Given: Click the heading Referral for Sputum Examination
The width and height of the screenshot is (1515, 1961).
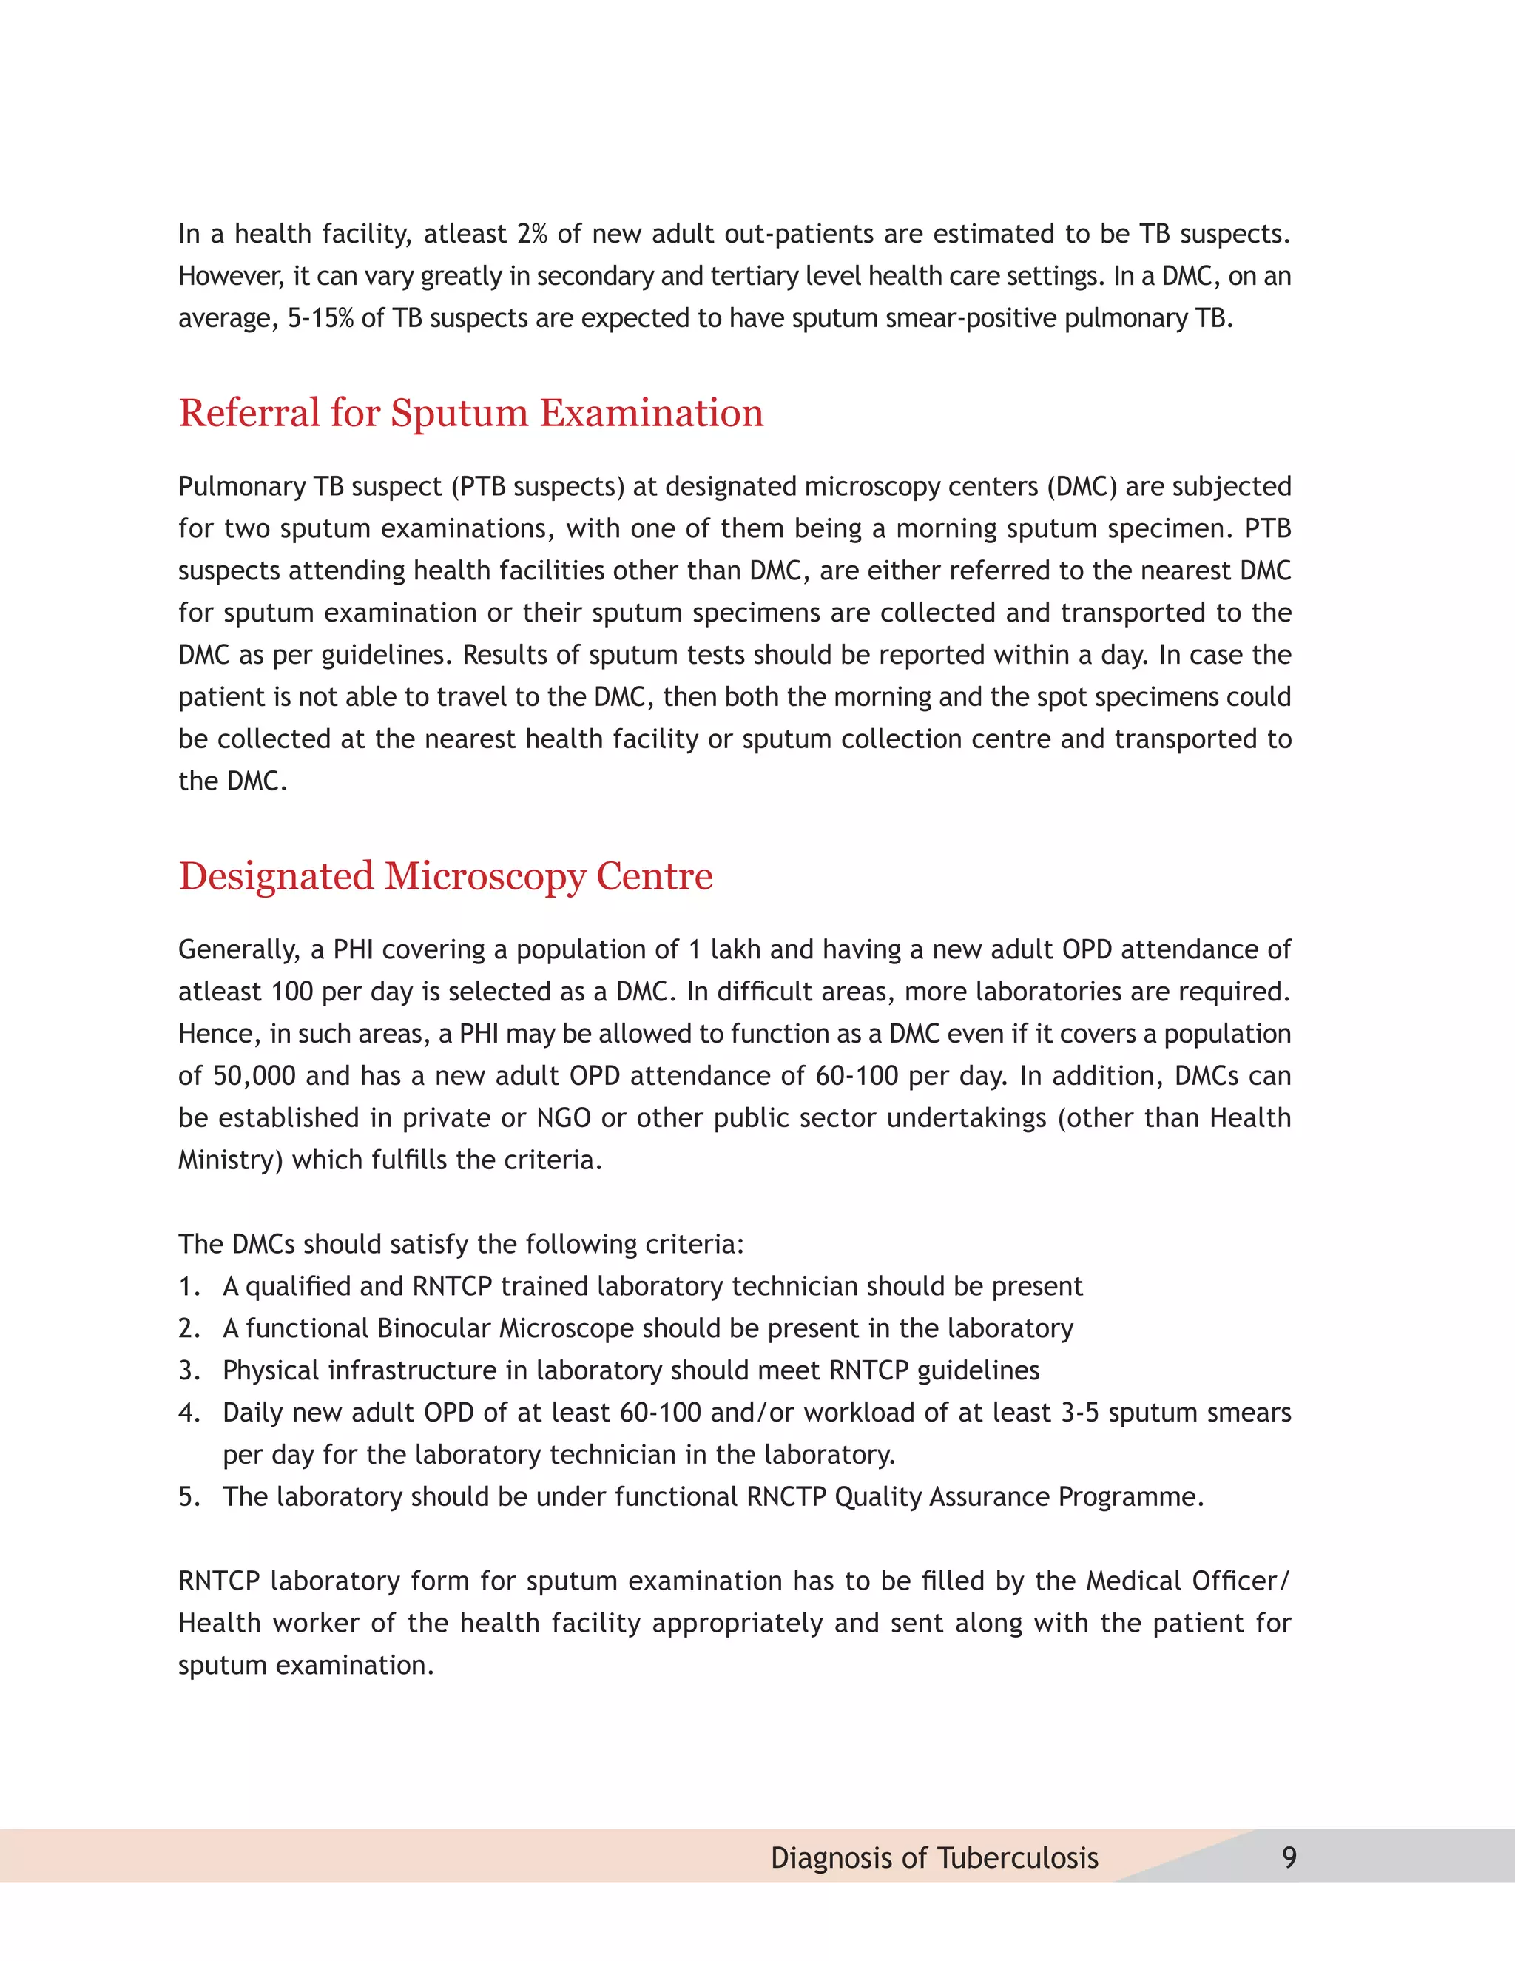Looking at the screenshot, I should [x=470, y=414].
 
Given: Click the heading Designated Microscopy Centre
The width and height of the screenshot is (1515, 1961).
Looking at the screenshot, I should [x=445, y=876].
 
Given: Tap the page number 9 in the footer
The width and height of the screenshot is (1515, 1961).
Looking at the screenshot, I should [x=1289, y=1857].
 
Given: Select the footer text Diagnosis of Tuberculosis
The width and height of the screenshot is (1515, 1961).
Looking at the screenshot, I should [x=934, y=1857].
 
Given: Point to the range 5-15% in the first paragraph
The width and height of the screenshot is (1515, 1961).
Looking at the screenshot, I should [x=320, y=319].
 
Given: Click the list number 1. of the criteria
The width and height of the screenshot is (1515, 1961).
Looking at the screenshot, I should [x=189, y=1287].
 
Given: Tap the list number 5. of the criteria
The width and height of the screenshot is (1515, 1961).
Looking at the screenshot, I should [x=189, y=1497].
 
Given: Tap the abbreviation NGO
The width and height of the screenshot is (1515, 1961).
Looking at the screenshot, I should [x=564, y=1119].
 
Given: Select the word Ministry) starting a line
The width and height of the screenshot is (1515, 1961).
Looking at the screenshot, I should [x=231, y=1161].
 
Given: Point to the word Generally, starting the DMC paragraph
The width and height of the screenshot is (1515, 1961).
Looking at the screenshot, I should [x=239, y=950].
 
